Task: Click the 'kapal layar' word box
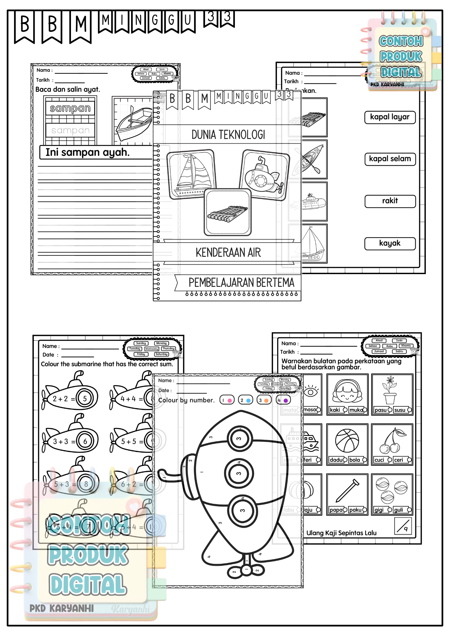pyautogui.click(x=390, y=117)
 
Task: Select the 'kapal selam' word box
pyautogui.click(x=390, y=159)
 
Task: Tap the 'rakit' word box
pyautogui.click(x=390, y=201)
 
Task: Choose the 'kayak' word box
pyautogui.click(x=390, y=244)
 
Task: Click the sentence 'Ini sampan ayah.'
pyautogui.click(x=88, y=153)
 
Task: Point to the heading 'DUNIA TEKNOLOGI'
pyautogui.click(x=228, y=135)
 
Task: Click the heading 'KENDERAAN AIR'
pyautogui.click(x=228, y=253)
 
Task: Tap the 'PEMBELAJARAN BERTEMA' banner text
pyautogui.click(x=241, y=283)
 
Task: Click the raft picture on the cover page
pyautogui.click(x=228, y=212)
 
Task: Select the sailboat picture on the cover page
pyautogui.click(x=192, y=175)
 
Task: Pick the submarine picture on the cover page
pyautogui.click(x=265, y=175)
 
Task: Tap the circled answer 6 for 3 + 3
pyautogui.click(x=85, y=441)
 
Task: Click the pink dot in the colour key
pyautogui.click(x=229, y=401)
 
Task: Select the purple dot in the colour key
pyautogui.click(x=285, y=401)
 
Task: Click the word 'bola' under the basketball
pyautogui.click(x=355, y=460)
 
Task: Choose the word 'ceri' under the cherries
pyautogui.click(x=398, y=460)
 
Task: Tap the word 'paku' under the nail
pyautogui.click(x=355, y=510)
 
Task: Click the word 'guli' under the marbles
pyautogui.click(x=398, y=510)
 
